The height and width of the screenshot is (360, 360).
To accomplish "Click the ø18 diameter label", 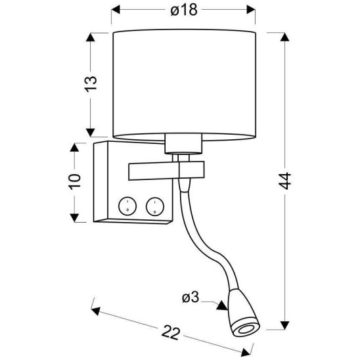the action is pyautogui.click(x=184, y=10).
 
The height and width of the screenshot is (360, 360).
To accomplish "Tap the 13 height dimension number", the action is pyautogui.click(x=91, y=84).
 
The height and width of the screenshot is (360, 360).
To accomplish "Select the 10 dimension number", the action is pyautogui.click(x=75, y=181).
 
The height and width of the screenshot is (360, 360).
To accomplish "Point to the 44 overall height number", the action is pyautogui.click(x=285, y=181).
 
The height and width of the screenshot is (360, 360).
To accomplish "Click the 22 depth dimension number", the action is pyautogui.click(x=170, y=332).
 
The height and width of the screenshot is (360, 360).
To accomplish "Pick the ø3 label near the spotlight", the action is pyautogui.click(x=191, y=298).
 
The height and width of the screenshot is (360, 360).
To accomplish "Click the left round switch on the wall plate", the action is pyautogui.click(x=127, y=206).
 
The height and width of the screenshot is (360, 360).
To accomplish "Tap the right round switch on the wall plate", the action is pyautogui.click(x=155, y=206).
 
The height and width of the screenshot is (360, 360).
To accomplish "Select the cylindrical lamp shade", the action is pyautogui.click(x=184, y=84).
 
